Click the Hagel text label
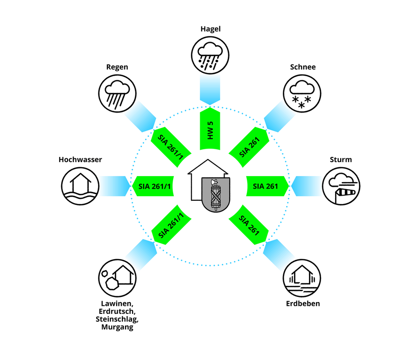click(210, 29)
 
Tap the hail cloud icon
click(210, 56)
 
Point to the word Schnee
click(303, 67)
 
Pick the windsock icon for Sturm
click(341, 186)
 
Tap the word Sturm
click(340, 160)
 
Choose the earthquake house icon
click(302, 279)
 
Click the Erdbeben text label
click(303, 304)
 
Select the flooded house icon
click(80, 186)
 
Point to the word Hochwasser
click(80, 160)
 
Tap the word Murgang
click(117, 327)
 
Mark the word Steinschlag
click(117, 319)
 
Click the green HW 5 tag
click(210, 129)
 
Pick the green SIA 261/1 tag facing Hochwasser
click(155, 186)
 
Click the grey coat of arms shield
click(215, 196)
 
